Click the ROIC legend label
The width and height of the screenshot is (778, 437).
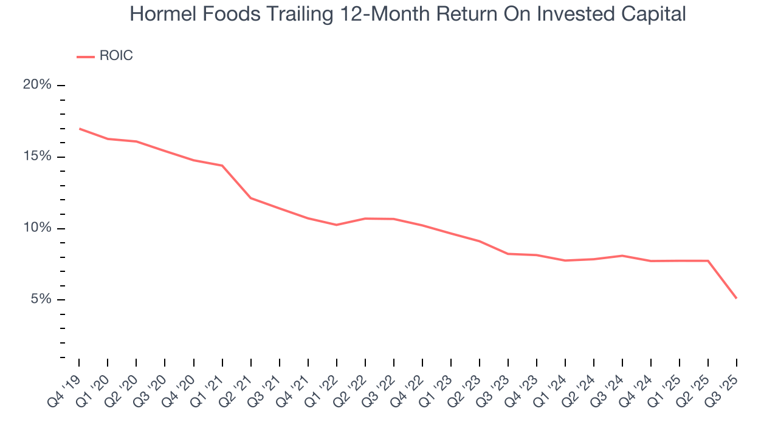pos(115,56)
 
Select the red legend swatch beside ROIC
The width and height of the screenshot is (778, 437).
pos(85,57)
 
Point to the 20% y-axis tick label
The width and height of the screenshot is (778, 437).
pos(37,85)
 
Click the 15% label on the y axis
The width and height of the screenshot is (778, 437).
pos(37,157)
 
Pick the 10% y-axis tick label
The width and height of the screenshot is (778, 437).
pos(37,228)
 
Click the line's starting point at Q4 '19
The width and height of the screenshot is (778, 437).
pos(80,129)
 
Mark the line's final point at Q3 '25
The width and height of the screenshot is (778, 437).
pos(737,298)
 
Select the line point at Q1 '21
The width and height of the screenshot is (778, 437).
pos(222,166)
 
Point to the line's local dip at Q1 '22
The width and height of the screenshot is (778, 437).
pos(337,225)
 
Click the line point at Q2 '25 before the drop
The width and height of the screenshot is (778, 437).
pos(708,261)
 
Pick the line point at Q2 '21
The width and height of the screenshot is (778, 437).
pos(251,198)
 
